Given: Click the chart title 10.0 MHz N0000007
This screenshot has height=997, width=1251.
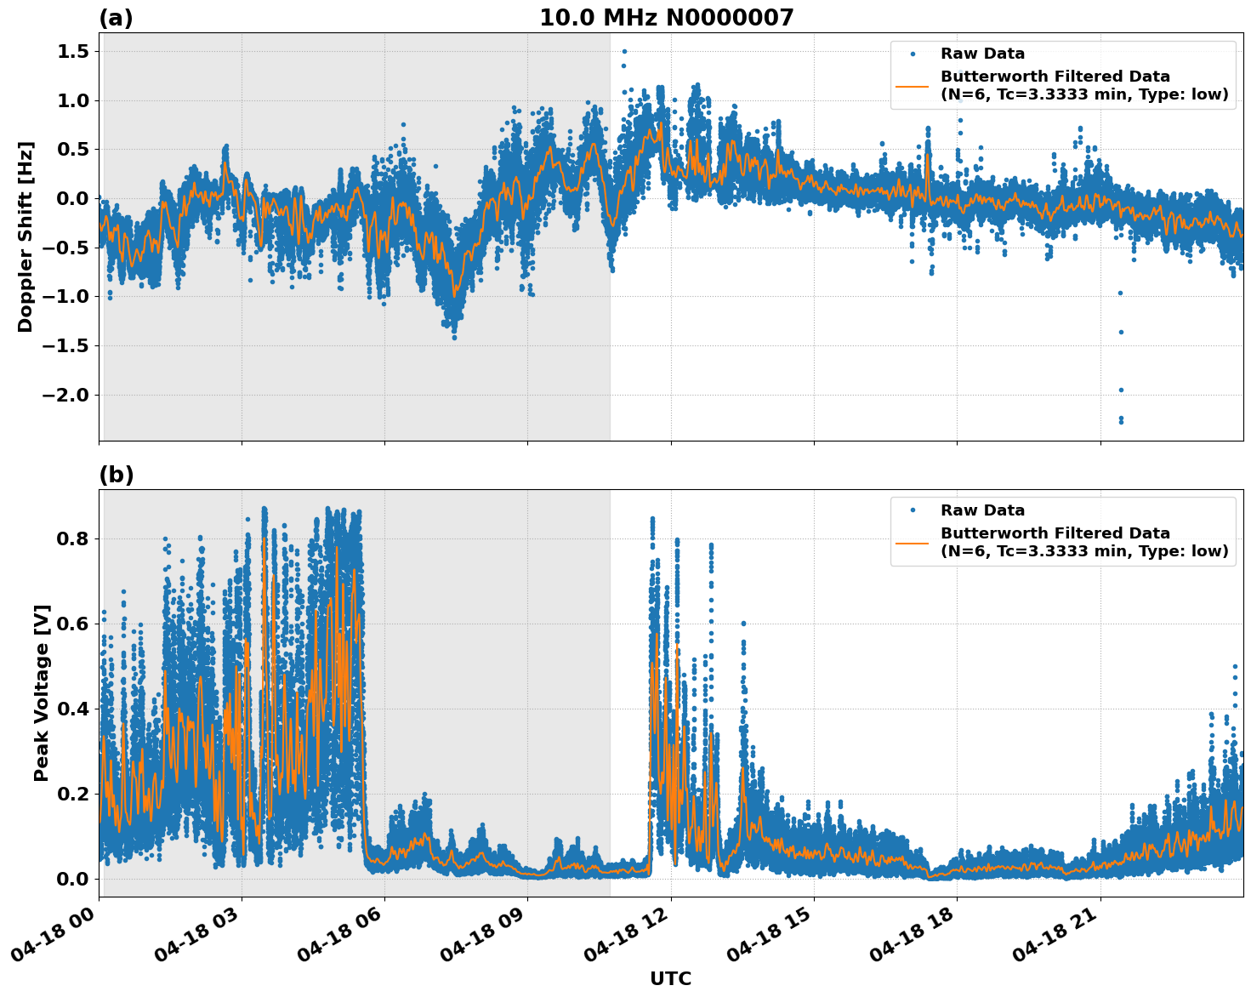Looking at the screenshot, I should tap(666, 18).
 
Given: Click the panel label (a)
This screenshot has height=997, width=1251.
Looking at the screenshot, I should tap(116, 18).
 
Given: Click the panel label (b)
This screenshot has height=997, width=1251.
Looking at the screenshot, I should tap(117, 475).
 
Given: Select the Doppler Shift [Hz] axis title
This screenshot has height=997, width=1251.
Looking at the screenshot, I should tap(26, 236).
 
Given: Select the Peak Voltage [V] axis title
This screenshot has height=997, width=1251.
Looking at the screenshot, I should tap(42, 692).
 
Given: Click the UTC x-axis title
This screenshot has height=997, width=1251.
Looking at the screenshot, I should tap(670, 978).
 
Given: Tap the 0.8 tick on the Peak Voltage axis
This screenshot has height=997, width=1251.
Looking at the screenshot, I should tap(71, 539).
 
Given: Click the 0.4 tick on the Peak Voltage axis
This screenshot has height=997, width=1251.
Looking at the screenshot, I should tap(71, 709).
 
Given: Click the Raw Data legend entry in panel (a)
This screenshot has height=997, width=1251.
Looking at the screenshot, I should tap(982, 54).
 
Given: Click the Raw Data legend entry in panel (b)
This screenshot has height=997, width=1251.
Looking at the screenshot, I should tap(982, 510).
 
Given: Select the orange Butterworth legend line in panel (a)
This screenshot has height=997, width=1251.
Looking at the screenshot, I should tap(913, 85).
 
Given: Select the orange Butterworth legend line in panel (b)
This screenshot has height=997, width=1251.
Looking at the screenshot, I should tap(913, 542).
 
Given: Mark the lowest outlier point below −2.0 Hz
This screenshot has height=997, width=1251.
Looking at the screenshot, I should tap(1121, 421).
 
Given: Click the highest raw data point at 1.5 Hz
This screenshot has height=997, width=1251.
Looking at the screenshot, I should tap(624, 51).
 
